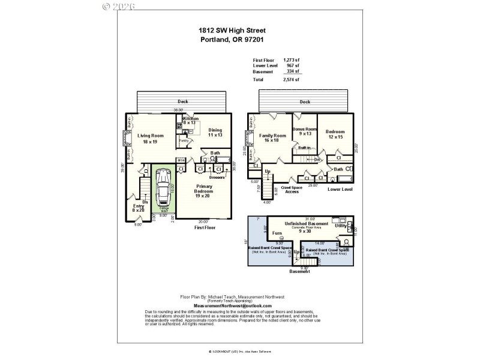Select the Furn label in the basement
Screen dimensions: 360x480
point(277,233)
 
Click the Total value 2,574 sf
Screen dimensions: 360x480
point(292,79)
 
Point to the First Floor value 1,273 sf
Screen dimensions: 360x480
point(292,60)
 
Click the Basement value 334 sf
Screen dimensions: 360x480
point(293,71)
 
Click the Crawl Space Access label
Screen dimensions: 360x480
point(291,190)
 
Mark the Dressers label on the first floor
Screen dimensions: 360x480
point(217,178)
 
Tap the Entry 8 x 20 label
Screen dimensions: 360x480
point(139,208)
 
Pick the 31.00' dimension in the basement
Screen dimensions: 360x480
point(310,218)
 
